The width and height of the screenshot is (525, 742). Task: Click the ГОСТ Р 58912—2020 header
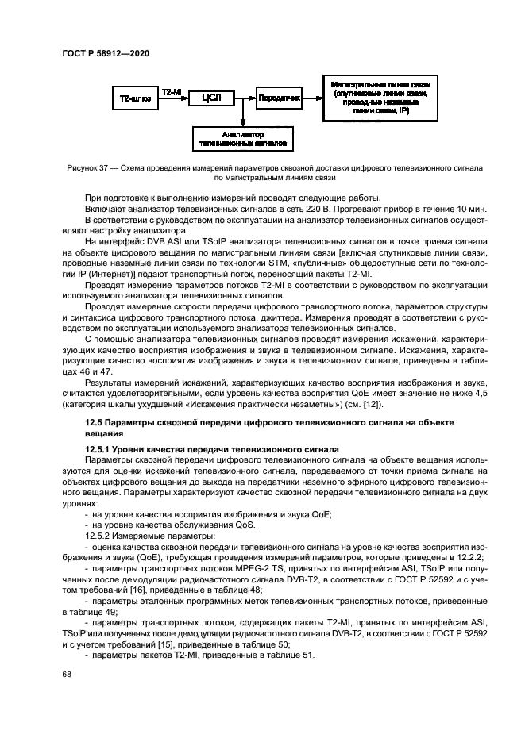pyautogui.click(x=105, y=53)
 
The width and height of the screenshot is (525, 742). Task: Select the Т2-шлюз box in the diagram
pyautogui.click(x=136, y=98)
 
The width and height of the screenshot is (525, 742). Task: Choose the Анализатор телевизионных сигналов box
pyautogui.click(x=243, y=140)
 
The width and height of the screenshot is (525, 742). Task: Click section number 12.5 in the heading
pyautogui.click(x=95, y=424)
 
